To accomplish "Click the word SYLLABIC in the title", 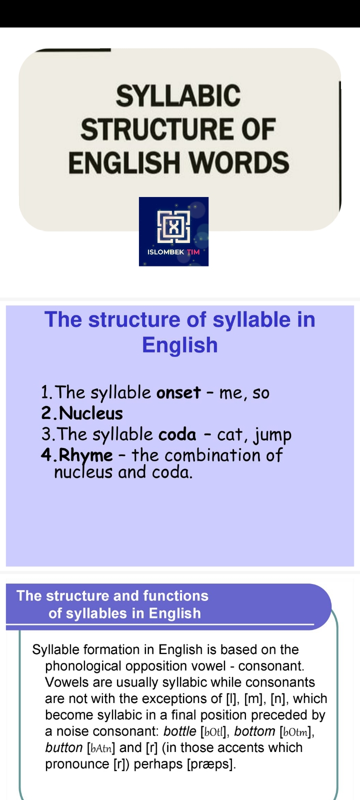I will coord(178,95).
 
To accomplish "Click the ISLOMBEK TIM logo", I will coord(173,231).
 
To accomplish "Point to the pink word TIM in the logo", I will coord(193,252).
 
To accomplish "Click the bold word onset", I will coord(178,392).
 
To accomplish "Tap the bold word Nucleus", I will coord(90,413).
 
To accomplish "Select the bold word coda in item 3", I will coord(177,434).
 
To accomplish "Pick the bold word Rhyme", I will coord(85,455).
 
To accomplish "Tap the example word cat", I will coord(229,435).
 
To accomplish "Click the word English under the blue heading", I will coord(180,345).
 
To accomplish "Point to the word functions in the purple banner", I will coord(175,595).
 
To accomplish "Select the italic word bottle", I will coord(179,731).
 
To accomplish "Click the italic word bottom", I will coord(254,731).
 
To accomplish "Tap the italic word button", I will coord(63,748).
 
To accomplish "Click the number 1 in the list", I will coord(45,392).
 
